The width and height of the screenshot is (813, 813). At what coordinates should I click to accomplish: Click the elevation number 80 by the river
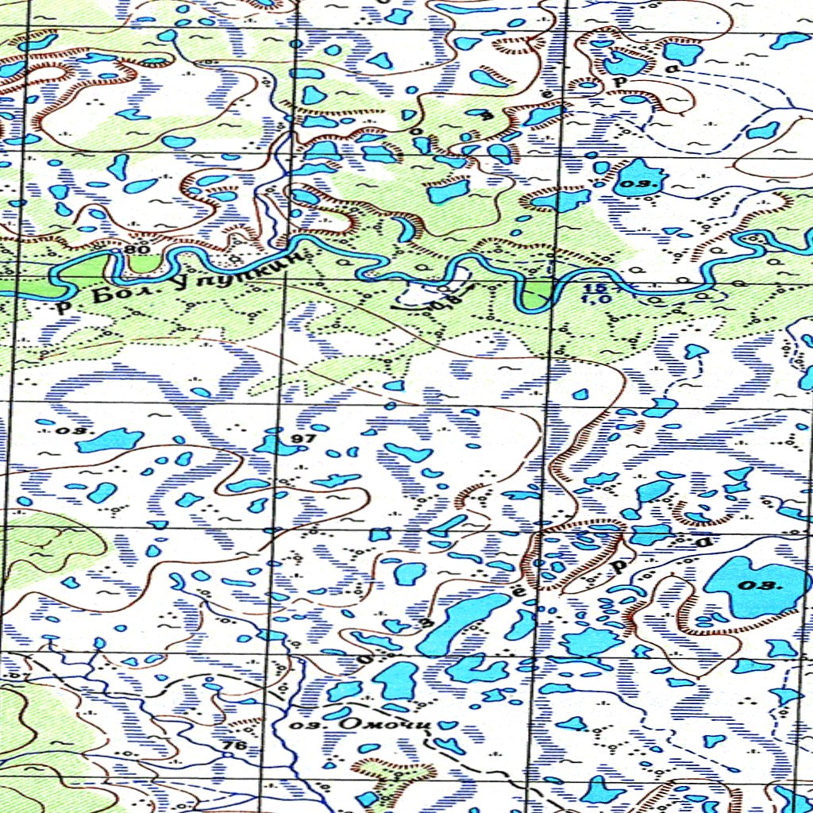137,250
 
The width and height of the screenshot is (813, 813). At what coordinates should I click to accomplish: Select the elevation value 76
233,746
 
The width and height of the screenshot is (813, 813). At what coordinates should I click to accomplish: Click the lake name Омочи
384,723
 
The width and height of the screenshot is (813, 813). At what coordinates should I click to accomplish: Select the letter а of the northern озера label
675,69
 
